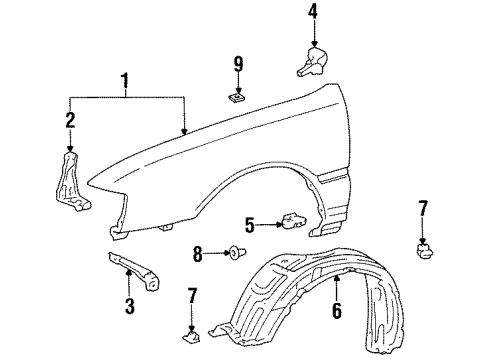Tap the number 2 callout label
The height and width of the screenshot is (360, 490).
[x=70, y=122]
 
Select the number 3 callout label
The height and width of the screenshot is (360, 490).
[x=129, y=305]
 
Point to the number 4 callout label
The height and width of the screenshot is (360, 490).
[x=312, y=13]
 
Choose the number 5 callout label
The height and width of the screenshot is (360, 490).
[x=251, y=224]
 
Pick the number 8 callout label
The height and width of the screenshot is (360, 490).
[x=198, y=256]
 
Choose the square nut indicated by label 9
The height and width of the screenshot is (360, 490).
[x=238, y=99]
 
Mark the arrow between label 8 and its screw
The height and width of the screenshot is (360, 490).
[x=213, y=256]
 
